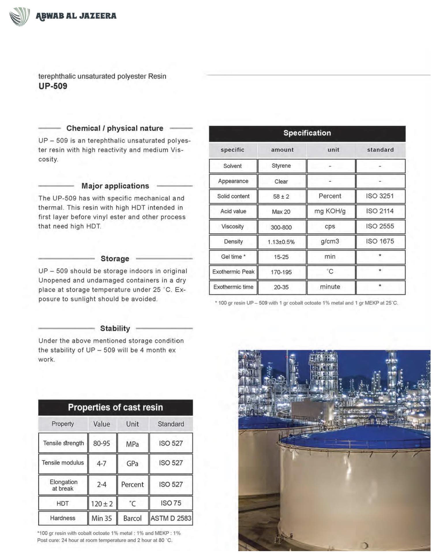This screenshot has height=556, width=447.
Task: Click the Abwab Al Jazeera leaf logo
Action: tap(19, 16)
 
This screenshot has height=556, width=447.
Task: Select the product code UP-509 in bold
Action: tap(53, 86)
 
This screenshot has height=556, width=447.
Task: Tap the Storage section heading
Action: tap(115, 259)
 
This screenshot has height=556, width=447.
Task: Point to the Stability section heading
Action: tap(115, 328)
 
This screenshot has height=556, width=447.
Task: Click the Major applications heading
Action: tap(115, 186)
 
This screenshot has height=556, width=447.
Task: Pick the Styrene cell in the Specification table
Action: tap(281, 166)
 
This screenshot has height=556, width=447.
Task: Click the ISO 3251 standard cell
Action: tap(380, 196)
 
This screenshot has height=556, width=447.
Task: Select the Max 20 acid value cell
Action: tap(281, 212)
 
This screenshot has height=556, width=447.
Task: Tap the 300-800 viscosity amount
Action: tap(281, 227)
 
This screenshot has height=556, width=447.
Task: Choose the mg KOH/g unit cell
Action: tap(330, 211)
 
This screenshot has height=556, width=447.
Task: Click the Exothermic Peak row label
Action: tap(233, 272)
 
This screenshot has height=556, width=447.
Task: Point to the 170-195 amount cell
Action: tap(281, 272)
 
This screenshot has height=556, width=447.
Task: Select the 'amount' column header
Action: tap(282, 150)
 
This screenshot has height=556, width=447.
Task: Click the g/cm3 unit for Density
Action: tap(330, 241)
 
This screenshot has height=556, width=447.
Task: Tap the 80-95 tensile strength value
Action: tap(102, 443)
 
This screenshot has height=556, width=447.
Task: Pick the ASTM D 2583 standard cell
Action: tap(171, 518)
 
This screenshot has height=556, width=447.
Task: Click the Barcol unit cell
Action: tap(132, 518)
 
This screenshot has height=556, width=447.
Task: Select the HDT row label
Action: tap(63, 504)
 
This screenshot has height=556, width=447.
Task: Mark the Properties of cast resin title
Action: tap(115, 407)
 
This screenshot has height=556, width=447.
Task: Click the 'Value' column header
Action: tap(102, 424)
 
